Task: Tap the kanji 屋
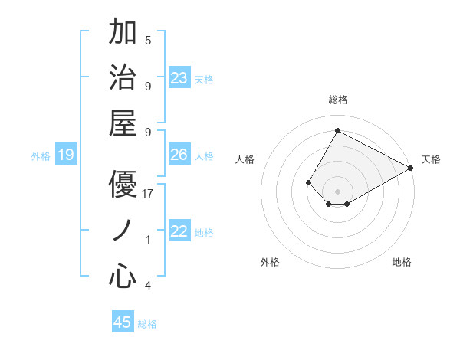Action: (x=123, y=123)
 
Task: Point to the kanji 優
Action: (x=123, y=184)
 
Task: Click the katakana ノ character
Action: (x=123, y=231)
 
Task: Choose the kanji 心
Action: (x=123, y=277)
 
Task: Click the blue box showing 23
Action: (x=179, y=78)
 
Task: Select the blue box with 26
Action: (x=179, y=155)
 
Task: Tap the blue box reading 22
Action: (x=179, y=231)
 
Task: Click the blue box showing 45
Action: (x=123, y=322)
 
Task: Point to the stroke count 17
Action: (x=149, y=194)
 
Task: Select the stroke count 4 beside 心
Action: (x=148, y=286)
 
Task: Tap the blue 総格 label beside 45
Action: (x=147, y=324)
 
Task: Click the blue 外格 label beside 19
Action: (x=41, y=156)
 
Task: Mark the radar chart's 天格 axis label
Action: (x=431, y=159)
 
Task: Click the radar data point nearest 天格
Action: (x=411, y=169)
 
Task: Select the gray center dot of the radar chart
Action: (x=337, y=191)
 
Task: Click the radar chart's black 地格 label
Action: (x=402, y=262)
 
